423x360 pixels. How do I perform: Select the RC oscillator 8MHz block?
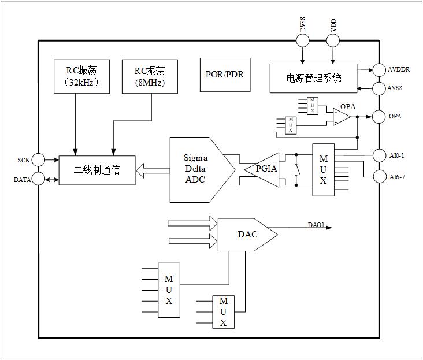pyautogui.click(x=150, y=76)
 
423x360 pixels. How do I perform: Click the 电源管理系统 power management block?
pyautogui.click(x=314, y=77)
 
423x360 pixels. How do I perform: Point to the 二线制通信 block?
pyautogui.click(x=97, y=170)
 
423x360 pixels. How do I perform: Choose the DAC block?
pyautogui.click(x=246, y=235)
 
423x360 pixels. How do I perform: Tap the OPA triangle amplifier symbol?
pyautogui.click(x=342, y=117)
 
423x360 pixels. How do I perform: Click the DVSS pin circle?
pyautogui.click(x=302, y=40)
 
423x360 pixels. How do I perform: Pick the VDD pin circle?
pyautogui.click(x=333, y=40)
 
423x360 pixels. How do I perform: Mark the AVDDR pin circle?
pyautogui.click(x=379, y=70)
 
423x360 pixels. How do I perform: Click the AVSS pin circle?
pyautogui.click(x=379, y=88)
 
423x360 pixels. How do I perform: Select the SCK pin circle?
pyautogui.click(x=38, y=159)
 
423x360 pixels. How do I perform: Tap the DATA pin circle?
pyautogui.click(x=38, y=179)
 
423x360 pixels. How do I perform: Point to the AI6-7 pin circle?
pyautogui.click(x=379, y=176)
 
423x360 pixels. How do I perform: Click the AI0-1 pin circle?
pyautogui.click(x=379, y=155)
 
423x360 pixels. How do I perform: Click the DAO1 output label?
pyautogui.click(x=316, y=225)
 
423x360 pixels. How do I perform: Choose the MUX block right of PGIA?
pyautogui.click(x=323, y=170)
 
